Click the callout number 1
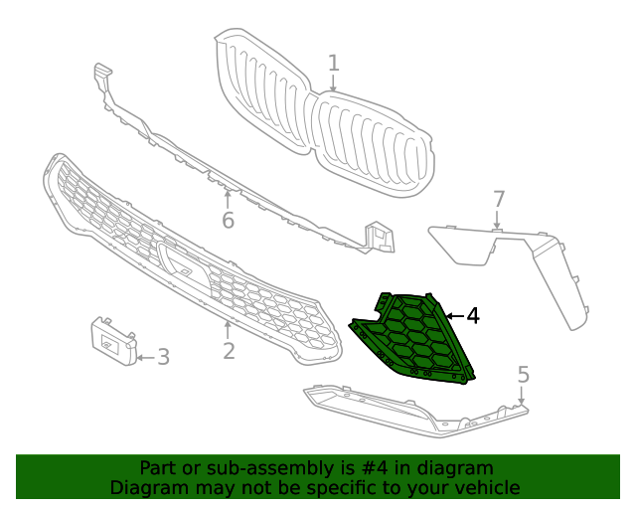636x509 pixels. pyautogui.click(x=333, y=63)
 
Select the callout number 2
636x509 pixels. pyautogui.click(x=229, y=351)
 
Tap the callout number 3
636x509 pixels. pyautogui.click(x=163, y=356)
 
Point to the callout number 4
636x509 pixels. pyautogui.click(x=473, y=316)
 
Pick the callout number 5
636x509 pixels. pyautogui.click(x=523, y=375)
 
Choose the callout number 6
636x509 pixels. pyautogui.click(x=228, y=220)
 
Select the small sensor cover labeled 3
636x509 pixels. pyautogui.click(x=114, y=341)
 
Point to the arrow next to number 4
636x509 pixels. pyautogui.click(x=453, y=316)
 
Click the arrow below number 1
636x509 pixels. pyautogui.click(x=333, y=85)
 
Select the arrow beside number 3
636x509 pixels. pyautogui.click(x=144, y=356)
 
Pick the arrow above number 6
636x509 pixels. pyautogui.click(x=228, y=196)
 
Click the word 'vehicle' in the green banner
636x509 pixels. pyautogui.click(x=485, y=488)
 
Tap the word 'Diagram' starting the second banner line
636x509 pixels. pyautogui.click(x=146, y=488)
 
